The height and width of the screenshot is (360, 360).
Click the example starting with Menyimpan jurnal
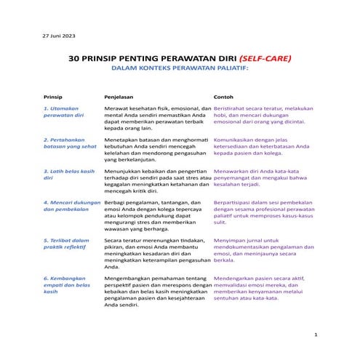click(x=262, y=247)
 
